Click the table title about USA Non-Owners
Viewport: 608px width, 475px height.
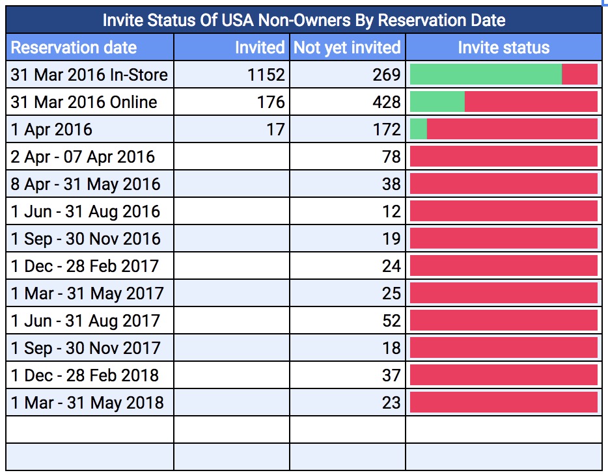(304, 20)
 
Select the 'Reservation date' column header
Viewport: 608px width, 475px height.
(74, 47)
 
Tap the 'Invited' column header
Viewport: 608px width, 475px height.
(259, 47)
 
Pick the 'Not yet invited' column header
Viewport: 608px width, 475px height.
(347, 47)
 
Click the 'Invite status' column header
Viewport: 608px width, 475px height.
(503, 47)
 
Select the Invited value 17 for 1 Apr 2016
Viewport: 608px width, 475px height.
(275, 129)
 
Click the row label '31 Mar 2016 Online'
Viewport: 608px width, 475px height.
(84, 102)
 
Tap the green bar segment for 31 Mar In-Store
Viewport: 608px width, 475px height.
(486, 75)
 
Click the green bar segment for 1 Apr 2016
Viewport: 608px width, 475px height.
(419, 129)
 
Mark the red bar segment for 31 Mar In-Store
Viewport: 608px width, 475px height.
(579, 75)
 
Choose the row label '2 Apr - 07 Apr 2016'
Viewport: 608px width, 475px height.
(83, 157)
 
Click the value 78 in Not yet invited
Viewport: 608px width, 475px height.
(391, 157)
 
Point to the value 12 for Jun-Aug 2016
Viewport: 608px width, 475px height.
(391, 211)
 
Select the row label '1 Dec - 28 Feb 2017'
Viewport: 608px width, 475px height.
(85, 266)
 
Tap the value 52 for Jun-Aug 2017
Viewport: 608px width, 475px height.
(391, 321)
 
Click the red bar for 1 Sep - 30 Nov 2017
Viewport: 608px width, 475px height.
(503, 347)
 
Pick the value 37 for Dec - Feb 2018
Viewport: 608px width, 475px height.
(391, 375)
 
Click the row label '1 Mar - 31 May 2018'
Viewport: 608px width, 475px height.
(87, 403)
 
